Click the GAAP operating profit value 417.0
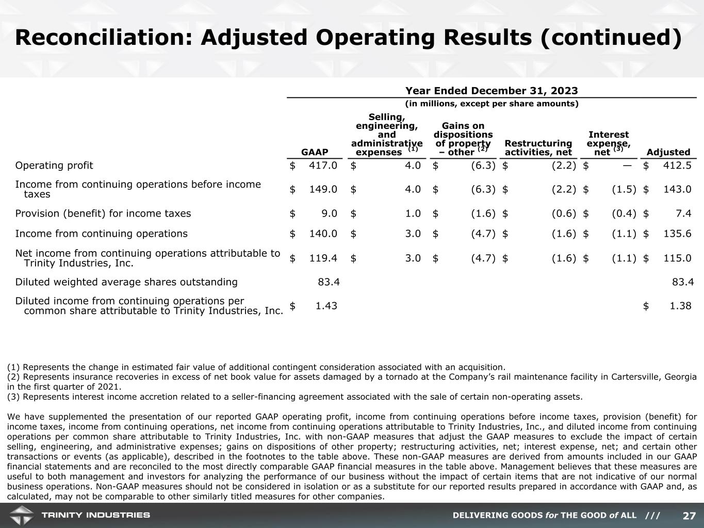tap(323, 166)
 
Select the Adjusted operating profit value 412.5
tap(677, 166)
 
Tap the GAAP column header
tap(315, 152)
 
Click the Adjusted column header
tap(668, 152)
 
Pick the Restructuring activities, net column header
tap(538, 147)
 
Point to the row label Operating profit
tap(54, 166)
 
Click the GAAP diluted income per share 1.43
tap(326, 306)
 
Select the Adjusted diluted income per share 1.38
tap(680, 306)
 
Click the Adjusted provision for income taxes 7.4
tap(684, 213)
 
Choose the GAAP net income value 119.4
tap(323, 258)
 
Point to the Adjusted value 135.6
tap(677, 234)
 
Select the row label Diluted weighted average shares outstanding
tap(126, 282)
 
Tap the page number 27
tap(689, 516)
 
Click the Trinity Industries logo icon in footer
tap(21, 515)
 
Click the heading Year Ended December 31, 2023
tap(491, 91)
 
